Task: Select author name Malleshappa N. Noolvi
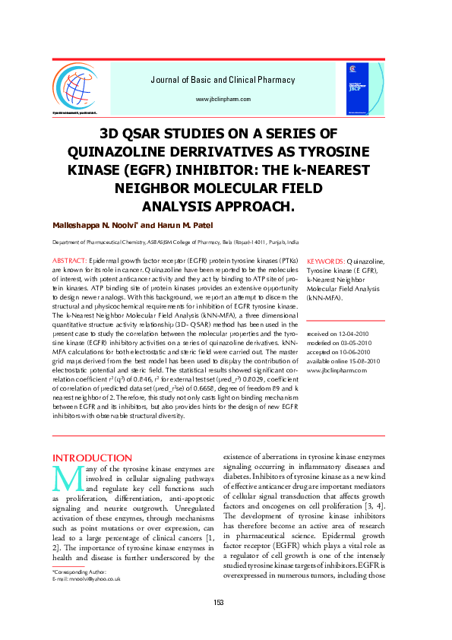tap(93, 226)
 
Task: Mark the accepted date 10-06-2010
tap(351, 352)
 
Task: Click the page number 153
tap(218, 603)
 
